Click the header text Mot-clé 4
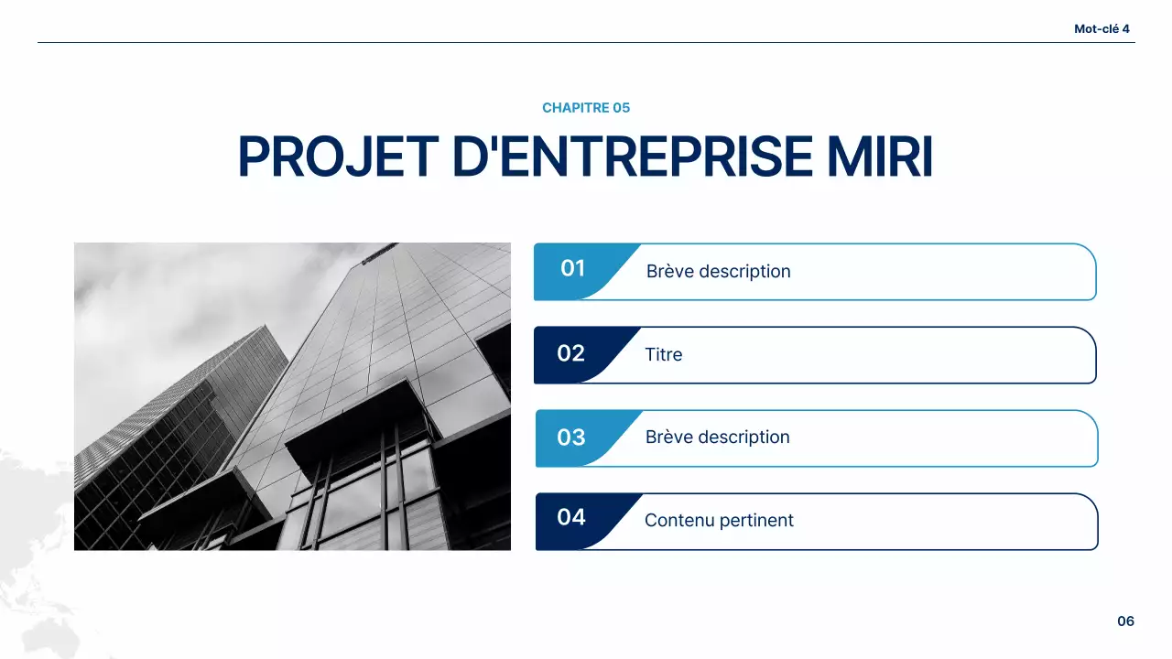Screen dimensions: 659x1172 click(x=1101, y=28)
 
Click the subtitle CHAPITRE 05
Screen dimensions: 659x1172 click(x=586, y=108)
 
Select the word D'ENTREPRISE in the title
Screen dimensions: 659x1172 click(x=632, y=157)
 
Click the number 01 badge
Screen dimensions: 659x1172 click(x=573, y=268)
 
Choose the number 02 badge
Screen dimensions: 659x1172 click(x=571, y=353)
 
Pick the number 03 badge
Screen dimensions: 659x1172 click(x=571, y=438)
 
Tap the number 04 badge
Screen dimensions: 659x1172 click(x=571, y=517)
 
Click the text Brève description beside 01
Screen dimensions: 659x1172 click(x=718, y=272)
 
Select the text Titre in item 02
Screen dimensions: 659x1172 click(x=663, y=354)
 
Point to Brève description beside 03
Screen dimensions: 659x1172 click(x=717, y=438)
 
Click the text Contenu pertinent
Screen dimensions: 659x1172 click(x=719, y=521)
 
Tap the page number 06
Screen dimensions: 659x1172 click(x=1125, y=621)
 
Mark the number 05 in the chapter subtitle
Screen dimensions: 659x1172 click(x=621, y=108)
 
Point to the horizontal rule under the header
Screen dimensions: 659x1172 click(x=586, y=42)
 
